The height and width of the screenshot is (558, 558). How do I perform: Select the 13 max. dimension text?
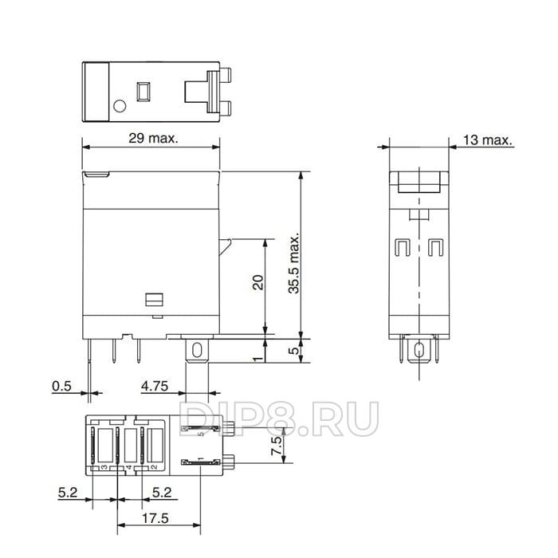coord(486,140)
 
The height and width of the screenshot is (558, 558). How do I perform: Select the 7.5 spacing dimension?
coord(277,446)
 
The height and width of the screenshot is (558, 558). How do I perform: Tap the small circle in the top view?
coord(120,105)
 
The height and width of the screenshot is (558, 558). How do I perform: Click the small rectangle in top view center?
coord(144,91)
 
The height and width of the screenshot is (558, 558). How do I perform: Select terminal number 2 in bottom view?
coord(153,467)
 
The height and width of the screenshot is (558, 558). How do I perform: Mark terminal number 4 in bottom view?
coord(128,467)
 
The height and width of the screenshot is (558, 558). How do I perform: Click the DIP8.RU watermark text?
coord(279,419)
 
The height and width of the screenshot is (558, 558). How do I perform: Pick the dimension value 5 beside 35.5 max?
coord(294,349)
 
